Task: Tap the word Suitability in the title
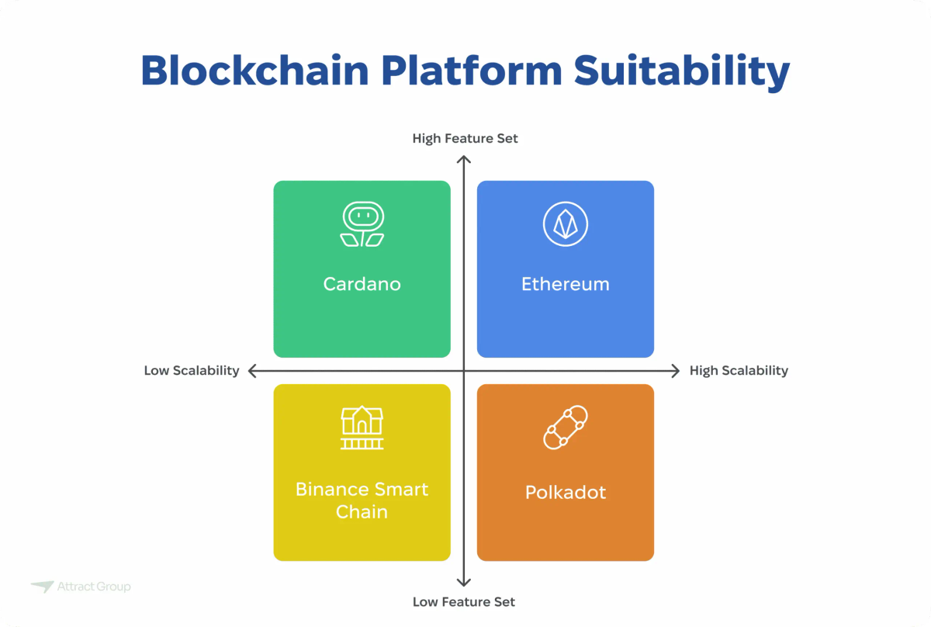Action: click(682, 71)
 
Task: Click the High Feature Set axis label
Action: click(465, 138)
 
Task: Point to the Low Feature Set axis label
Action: click(464, 601)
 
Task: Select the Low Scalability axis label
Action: click(192, 370)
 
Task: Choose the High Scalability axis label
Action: click(739, 370)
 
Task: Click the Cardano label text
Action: click(362, 284)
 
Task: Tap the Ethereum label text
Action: click(566, 284)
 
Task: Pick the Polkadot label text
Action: click(566, 492)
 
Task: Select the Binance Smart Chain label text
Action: click(362, 501)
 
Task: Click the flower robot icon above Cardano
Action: click(362, 225)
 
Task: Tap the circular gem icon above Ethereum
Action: click(566, 224)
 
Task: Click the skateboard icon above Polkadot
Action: click(566, 428)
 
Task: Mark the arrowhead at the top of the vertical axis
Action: click(464, 161)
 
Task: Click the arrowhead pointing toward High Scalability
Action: click(674, 371)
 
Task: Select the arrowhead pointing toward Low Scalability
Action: click(254, 371)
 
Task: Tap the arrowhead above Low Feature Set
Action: click(464, 581)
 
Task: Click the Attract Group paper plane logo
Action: click(42, 587)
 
